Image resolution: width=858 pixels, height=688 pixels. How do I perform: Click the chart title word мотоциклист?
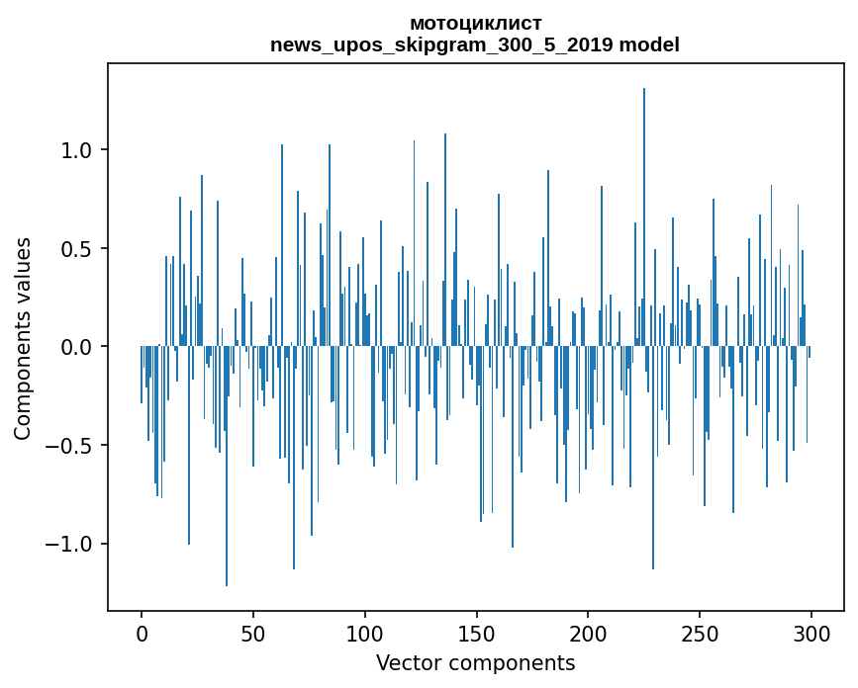coord(475,24)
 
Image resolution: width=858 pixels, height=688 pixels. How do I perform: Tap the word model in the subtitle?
coord(653,45)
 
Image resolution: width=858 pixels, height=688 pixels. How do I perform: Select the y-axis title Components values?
coord(23,338)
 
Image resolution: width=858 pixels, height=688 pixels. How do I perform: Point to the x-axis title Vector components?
coord(475,663)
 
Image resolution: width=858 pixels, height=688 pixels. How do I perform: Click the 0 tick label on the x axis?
coord(142,634)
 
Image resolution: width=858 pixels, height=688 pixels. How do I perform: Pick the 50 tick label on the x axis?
coord(253,634)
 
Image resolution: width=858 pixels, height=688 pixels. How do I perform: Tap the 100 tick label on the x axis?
coord(365,634)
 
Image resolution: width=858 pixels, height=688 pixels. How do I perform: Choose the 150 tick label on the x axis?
coord(477,634)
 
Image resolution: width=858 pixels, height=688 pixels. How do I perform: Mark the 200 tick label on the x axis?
coord(589,634)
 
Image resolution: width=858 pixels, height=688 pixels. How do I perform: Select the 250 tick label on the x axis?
coord(701,634)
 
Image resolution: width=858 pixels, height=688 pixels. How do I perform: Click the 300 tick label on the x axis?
coord(811,634)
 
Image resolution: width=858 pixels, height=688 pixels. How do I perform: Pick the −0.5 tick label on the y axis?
coord(69,445)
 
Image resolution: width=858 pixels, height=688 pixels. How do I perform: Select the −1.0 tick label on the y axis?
coord(69,544)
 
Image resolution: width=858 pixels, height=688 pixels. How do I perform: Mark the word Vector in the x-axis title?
coord(405,663)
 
